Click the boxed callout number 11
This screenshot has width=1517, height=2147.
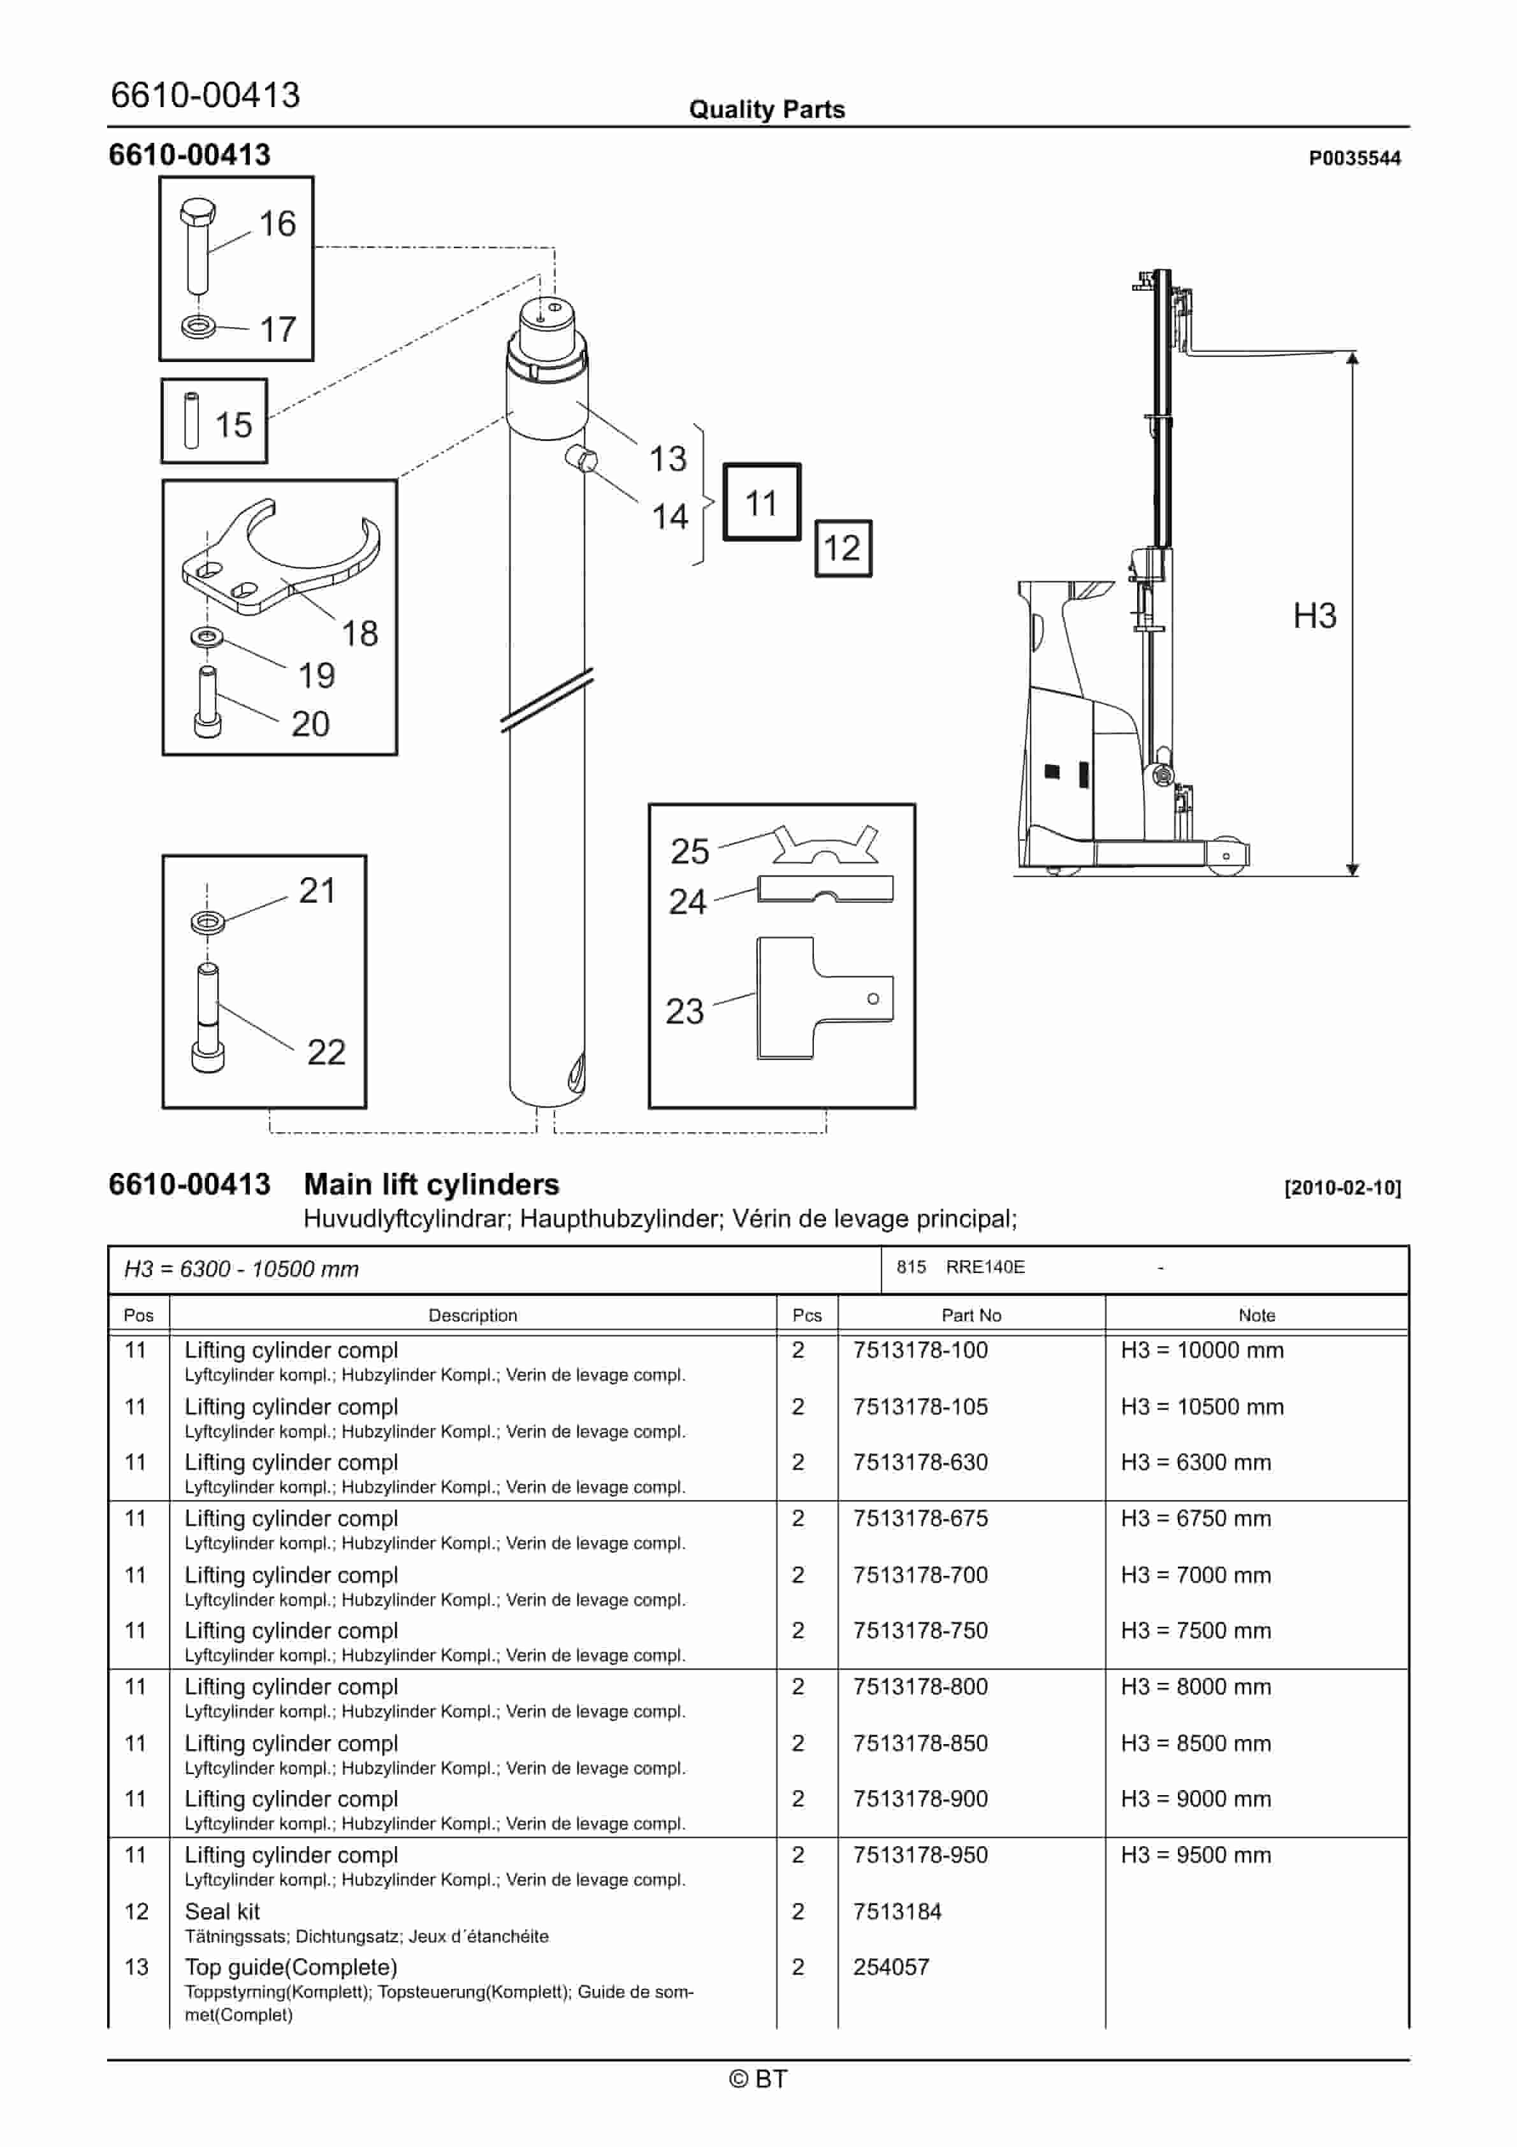761,502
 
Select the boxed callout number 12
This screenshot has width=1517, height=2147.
842,548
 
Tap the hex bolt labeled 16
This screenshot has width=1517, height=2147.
196,245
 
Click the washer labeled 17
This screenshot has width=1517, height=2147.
198,326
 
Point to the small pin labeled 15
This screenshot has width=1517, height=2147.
192,421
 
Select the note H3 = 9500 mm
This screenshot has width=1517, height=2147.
1195,1854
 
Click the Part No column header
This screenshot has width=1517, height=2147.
970,1314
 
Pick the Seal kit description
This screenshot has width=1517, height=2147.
222,1911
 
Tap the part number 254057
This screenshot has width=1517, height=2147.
890,1967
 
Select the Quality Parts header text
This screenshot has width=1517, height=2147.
766,110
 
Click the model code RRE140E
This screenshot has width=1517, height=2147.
984,1267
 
